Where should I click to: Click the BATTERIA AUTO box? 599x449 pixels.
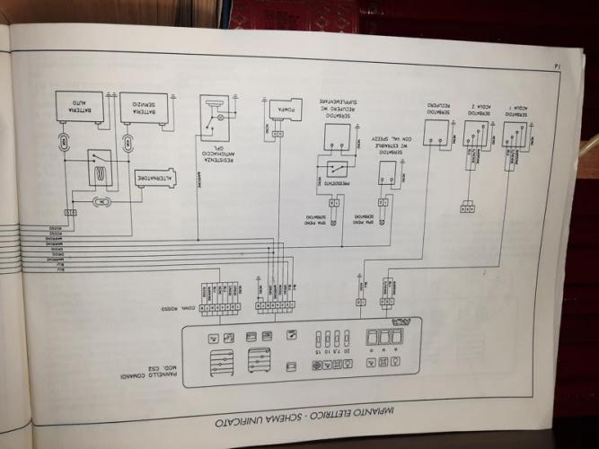[80, 107]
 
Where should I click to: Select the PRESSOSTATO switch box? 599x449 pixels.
[333, 174]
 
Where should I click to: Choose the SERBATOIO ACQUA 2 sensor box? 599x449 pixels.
[477, 135]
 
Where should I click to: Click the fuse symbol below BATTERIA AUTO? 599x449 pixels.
[66, 141]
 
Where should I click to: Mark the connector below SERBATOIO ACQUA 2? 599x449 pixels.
[467, 208]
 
